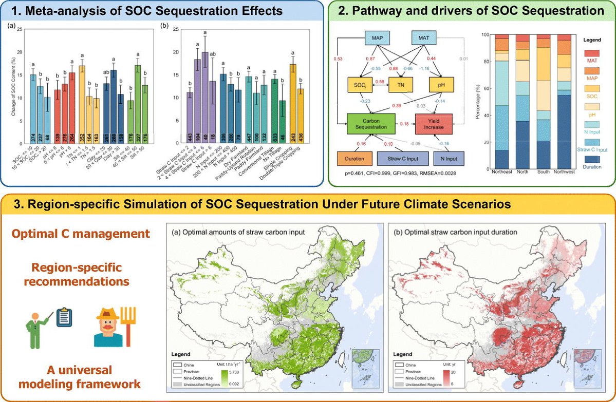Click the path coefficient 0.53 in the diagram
coord(339,59)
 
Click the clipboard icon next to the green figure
coord(64,318)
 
